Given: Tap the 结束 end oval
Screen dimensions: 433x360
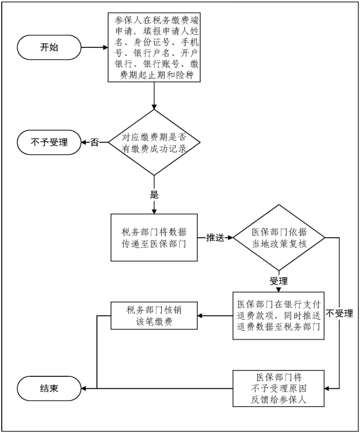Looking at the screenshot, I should point(49,389).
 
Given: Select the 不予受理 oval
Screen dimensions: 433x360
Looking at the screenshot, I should point(49,142).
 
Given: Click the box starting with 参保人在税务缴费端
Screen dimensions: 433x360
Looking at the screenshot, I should point(154,48).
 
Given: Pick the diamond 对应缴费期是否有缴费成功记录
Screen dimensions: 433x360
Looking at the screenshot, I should point(154,143).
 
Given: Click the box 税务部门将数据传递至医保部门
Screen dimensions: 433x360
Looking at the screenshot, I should point(153,237).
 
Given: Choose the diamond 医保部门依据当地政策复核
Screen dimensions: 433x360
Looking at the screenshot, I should point(279,237).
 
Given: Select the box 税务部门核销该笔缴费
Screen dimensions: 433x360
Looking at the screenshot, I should point(153,315).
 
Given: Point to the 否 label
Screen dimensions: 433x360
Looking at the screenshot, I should point(94,143).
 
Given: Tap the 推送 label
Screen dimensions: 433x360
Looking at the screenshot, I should point(215,237).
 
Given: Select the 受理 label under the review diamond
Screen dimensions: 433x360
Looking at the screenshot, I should point(279,281).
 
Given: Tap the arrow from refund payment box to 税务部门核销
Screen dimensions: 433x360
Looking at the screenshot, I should point(214,315).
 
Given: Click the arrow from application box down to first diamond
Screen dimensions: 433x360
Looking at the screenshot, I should point(154,95).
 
